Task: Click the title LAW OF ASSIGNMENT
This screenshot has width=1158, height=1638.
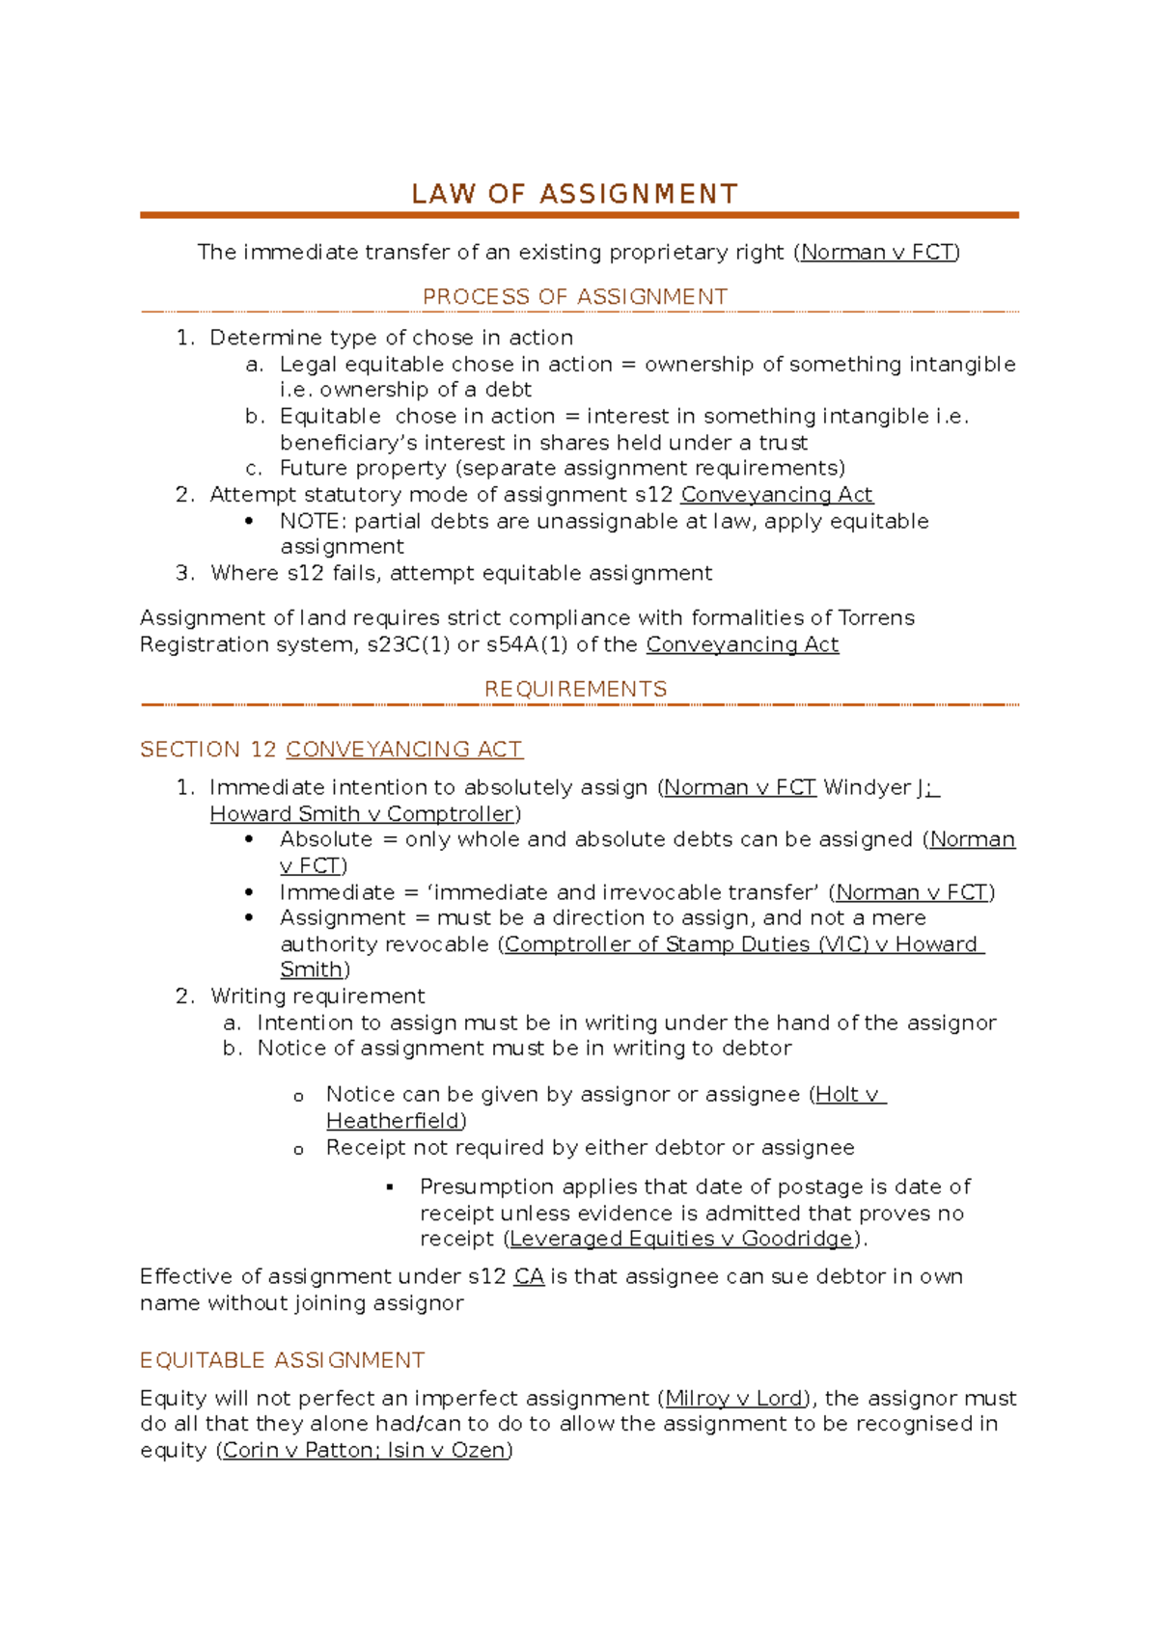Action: (x=575, y=195)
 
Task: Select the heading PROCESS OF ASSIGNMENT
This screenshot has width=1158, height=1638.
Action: (x=575, y=297)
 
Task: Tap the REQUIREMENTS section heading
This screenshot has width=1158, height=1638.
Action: (x=575, y=689)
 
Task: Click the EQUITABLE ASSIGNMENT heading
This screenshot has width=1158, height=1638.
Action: (x=282, y=1360)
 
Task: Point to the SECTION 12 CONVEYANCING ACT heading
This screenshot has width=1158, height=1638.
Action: (x=331, y=750)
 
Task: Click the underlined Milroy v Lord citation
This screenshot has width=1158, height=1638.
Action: (x=734, y=1399)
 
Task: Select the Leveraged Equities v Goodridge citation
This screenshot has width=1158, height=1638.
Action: (x=681, y=1239)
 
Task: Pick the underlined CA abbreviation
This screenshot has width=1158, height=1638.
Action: (x=529, y=1277)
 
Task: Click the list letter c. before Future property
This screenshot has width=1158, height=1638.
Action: (x=254, y=469)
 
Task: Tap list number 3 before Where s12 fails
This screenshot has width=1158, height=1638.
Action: (x=185, y=573)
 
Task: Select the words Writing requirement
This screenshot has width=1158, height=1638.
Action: (x=317, y=996)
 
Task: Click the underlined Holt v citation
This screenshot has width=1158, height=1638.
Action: (x=847, y=1095)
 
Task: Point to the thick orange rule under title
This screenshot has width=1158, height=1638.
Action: (x=579, y=215)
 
